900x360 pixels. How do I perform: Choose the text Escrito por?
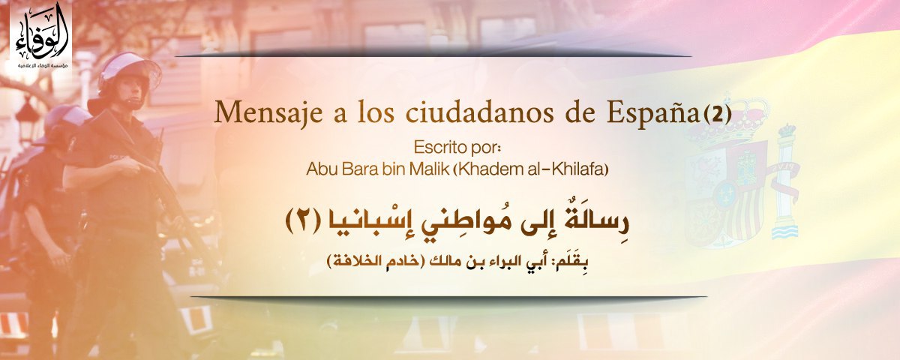coord(458,148)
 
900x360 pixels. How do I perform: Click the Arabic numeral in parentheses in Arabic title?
coord(302,222)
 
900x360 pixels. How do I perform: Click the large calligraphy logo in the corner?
coord(41,32)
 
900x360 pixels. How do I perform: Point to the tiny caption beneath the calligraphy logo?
coord(42,65)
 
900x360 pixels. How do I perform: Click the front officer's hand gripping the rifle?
coord(133,167)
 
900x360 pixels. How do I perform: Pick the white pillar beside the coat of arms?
coord(785,181)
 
